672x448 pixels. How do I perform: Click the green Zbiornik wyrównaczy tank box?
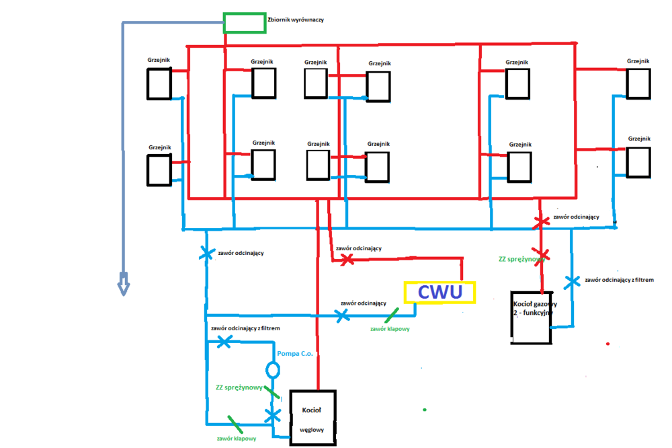(x=244, y=22)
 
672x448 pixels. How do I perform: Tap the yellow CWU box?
(x=439, y=293)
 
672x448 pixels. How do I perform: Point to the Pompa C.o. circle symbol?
(x=273, y=370)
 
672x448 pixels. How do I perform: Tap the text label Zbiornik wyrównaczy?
(x=296, y=20)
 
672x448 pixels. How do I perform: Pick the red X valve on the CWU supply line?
(x=347, y=259)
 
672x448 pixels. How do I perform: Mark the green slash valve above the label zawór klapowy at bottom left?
(x=235, y=423)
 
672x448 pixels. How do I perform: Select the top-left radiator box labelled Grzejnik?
(x=160, y=83)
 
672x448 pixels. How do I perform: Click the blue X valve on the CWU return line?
(x=342, y=315)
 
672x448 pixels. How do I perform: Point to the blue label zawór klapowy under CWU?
(x=390, y=329)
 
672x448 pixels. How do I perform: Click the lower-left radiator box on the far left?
(x=159, y=170)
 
